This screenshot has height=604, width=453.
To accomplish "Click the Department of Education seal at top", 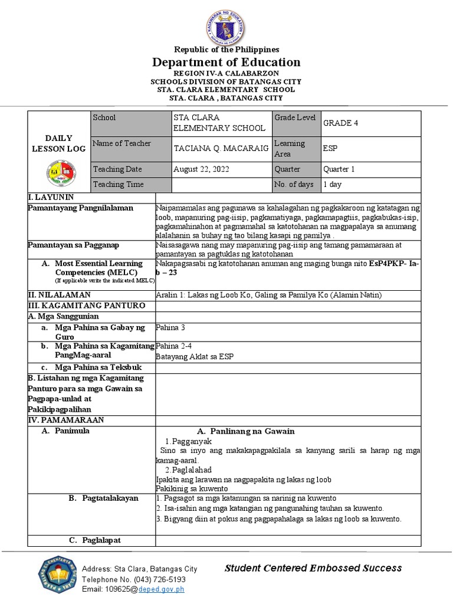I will coord(226,23).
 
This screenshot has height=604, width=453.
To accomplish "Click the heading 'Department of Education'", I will coord(226,63).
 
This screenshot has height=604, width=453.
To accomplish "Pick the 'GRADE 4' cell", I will coord(340,123).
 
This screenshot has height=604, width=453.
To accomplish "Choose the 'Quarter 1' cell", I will coord(339,169).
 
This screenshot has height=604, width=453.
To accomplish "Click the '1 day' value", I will coord(332,185).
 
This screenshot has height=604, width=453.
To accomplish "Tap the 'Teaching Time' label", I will coord(118,185).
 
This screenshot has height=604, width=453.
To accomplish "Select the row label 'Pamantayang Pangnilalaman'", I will coord(81,208).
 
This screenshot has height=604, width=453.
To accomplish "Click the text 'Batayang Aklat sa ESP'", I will coord(192,357).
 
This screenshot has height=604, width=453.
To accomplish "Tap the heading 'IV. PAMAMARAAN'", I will coord(66,420).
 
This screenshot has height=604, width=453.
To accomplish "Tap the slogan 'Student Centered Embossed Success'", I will coord(313,568).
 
